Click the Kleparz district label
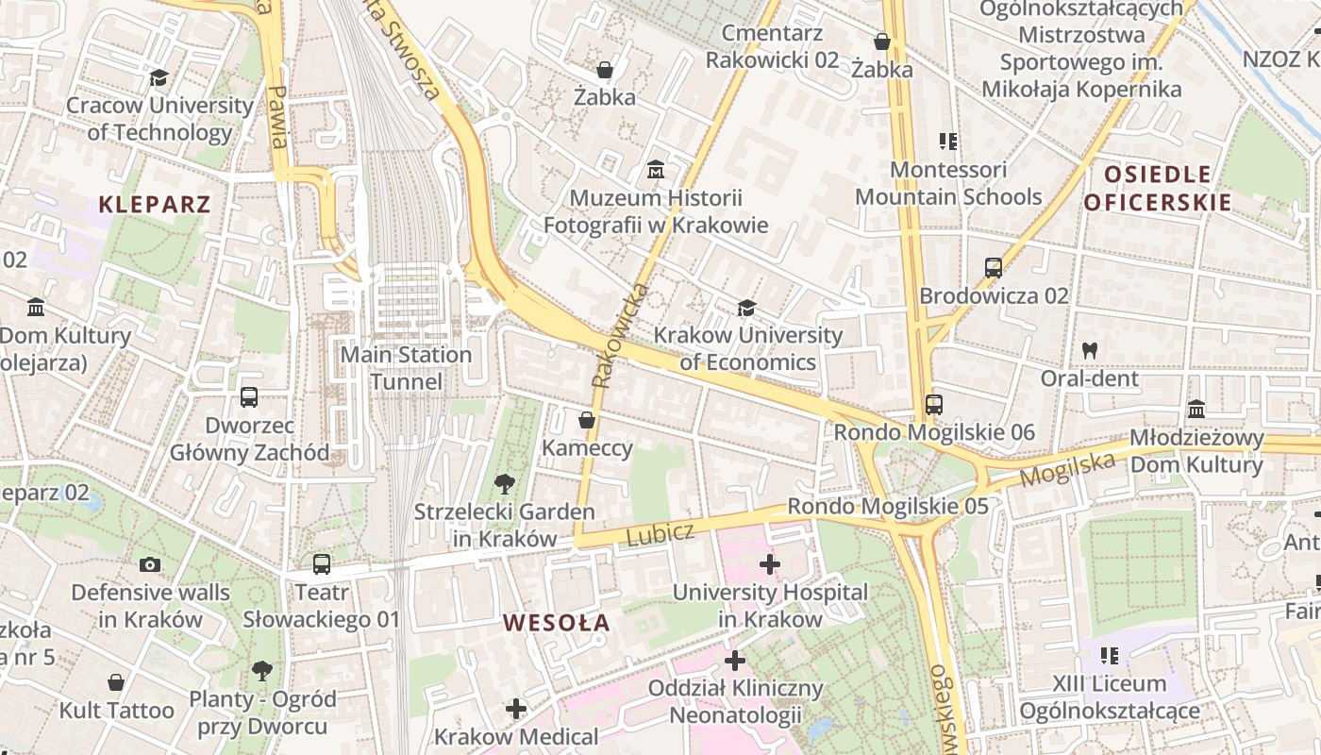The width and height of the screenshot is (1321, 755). (x=155, y=204)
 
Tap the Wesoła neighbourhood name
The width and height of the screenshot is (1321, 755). (x=557, y=623)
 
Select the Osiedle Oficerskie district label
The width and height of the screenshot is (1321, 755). (x=1157, y=188)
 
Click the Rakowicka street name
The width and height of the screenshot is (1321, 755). (x=618, y=336)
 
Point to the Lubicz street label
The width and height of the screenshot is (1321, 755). (x=660, y=534)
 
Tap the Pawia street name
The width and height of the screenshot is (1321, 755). (x=276, y=117)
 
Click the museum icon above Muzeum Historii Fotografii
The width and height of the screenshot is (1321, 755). (x=656, y=171)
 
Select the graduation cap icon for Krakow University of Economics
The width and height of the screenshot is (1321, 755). (x=746, y=308)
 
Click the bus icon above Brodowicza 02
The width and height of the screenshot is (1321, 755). (x=994, y=268)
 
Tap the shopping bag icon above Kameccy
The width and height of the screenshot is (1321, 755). (x=587, y=420)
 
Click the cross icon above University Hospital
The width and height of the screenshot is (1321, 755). (x=770, y=565)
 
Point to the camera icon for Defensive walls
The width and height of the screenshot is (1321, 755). (x=150, y=565)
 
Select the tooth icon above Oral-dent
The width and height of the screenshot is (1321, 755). (x=1090, y=350)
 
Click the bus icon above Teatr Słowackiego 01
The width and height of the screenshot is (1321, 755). (x=322, y=564)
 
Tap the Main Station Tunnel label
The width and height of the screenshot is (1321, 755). (x=406, y=368)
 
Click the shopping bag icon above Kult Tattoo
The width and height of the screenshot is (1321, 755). (x=116, y=682)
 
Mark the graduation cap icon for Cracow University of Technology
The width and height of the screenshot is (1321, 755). (x=159, y=77)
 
